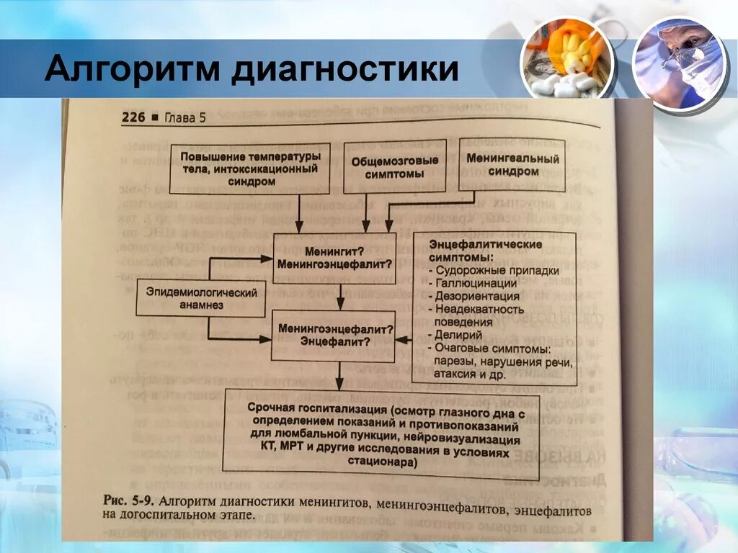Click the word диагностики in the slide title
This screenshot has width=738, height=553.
pos(345,72)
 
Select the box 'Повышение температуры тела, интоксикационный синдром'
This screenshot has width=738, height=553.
pos(249,168)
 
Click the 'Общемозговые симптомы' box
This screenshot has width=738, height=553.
pos(388,168)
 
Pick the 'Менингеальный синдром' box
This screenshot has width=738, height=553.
pos(513,163)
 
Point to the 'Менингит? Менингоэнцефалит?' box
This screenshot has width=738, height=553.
pos(334,258)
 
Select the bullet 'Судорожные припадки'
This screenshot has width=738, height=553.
pos(496,271)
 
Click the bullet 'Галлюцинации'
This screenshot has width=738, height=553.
pos(476,284)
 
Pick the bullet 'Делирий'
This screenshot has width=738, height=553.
pos(462,335)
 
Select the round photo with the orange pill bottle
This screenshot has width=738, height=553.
pos(568,59)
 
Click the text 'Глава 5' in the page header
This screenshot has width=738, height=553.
pos(185,119)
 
